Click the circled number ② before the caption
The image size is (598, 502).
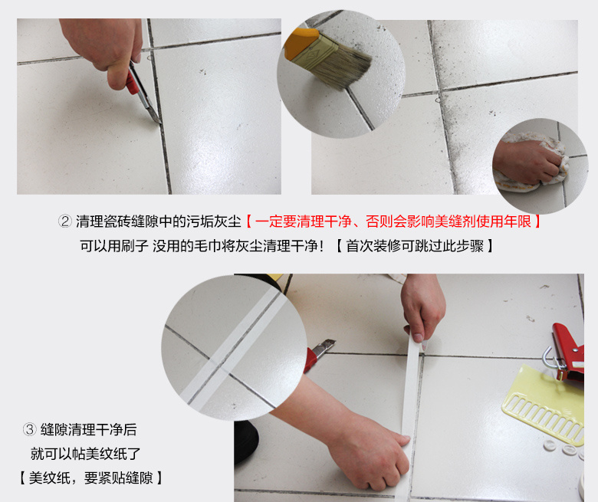pyautogui.click(x=65, y=221)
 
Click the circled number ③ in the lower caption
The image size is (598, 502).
pyautogui.click(x=29, y=430)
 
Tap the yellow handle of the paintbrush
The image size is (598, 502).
pyautogui.click(x=301, y=43)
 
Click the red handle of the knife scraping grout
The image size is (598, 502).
pyautogui.click(x=133, y=82)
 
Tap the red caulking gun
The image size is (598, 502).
pyautogui.click(x=568, y=352)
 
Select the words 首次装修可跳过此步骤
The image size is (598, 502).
pyautogui.click(x=415, y=246)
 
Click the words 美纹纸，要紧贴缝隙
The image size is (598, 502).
pyautogui.click(x=90, y=477)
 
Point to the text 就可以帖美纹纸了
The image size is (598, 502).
pyautogui.click(x=85, y=454)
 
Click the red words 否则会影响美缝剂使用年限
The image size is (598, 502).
pyautogui.click(x=449, y=221)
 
